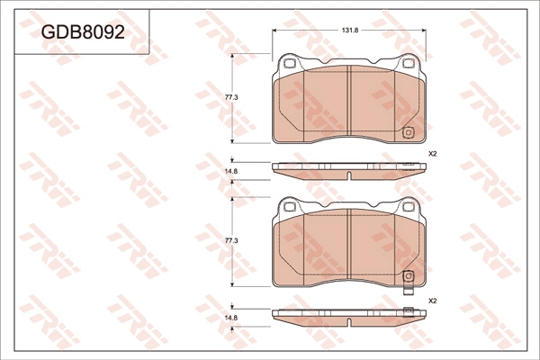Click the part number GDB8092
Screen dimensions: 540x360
(83, 32)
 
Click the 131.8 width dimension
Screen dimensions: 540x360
(350, 30)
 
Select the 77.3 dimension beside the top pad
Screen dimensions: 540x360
(231, 97)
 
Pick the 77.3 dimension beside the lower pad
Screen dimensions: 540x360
(231, 241)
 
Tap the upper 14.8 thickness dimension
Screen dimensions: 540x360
(231, 170)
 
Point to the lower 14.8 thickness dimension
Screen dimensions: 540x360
(231, 318)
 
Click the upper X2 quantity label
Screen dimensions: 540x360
(432, 154)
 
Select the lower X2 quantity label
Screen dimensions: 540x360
(432, 301)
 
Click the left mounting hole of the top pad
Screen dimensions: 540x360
(289, 63)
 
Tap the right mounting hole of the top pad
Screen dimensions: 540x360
(409, 63)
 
